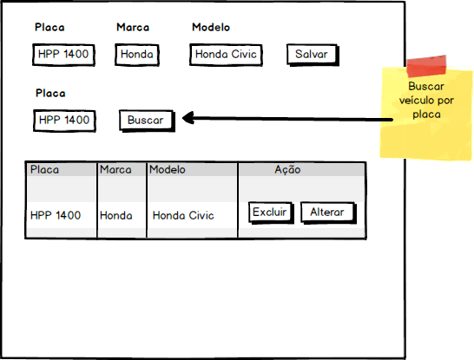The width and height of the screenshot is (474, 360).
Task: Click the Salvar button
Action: point(313,55)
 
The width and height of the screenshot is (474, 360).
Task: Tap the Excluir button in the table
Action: point(271,213)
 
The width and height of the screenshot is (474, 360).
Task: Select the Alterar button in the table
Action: point(328,213)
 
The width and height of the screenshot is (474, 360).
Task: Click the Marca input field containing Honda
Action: point(137,55)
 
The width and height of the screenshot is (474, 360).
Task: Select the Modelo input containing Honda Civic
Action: point(226,55)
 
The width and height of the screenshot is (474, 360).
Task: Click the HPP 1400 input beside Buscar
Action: point(64,121)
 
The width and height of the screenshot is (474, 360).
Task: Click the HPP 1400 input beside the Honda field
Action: point(63,55)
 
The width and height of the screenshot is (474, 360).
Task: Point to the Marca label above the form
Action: point(133,28)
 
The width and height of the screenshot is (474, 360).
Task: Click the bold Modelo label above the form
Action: point(211,28)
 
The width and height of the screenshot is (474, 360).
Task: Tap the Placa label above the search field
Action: point(50,94)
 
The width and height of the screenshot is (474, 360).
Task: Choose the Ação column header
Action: point(287,170)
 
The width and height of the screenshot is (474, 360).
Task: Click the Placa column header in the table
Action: point(44,170)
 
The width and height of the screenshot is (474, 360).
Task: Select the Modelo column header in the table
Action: point(168,170)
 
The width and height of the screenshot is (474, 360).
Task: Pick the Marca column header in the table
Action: point(115,170)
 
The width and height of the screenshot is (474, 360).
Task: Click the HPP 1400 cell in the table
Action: point(56,216)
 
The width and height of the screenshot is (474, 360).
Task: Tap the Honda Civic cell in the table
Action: point(183,216)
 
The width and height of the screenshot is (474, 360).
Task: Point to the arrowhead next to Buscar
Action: point(188,118)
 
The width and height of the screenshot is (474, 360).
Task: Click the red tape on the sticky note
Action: point(426,66)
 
